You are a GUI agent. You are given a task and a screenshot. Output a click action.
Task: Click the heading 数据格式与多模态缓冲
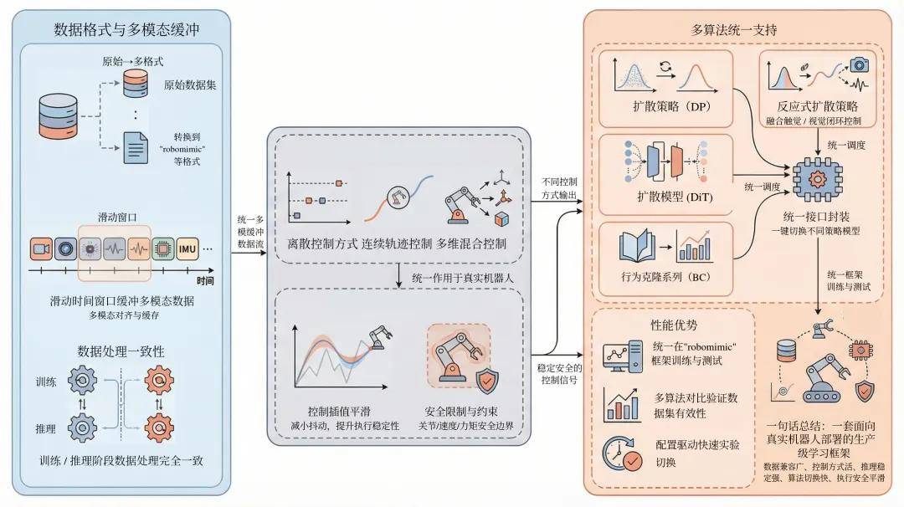118,30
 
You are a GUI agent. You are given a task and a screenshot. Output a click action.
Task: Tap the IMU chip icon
187,248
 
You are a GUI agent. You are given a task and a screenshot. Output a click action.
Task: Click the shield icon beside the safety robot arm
485,382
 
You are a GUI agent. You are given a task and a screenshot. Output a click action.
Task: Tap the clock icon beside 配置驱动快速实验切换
621,453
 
